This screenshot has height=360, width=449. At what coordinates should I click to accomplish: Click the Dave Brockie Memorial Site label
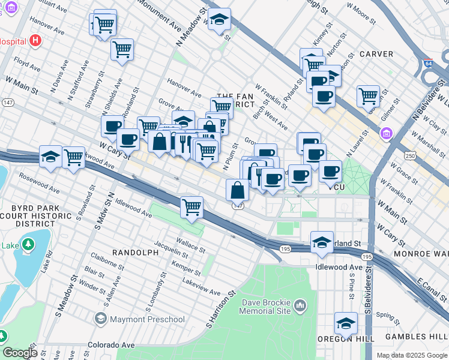pos(265,307)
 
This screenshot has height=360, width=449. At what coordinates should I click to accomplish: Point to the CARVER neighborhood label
pos(376,54)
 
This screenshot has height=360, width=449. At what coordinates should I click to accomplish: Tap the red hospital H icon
pos(35,41)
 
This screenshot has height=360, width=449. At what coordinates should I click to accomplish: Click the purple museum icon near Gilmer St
pos(385,133)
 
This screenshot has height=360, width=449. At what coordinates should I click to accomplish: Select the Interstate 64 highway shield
pos(427,62)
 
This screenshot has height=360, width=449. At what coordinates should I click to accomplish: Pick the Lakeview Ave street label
pos(201,287)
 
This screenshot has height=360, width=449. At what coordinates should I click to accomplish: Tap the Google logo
pos(20,353)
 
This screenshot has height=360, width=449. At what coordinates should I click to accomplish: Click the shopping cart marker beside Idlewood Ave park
pos(192,208)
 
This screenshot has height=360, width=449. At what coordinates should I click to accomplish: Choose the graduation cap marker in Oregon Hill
pos(346,324)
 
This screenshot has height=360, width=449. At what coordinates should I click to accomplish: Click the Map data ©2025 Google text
pos(412,355)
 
